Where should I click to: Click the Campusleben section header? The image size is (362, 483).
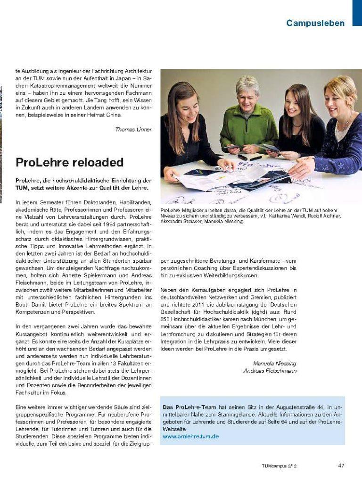point(315,23)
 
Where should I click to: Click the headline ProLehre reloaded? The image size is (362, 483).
point(69,163)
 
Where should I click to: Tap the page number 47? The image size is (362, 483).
point(341,466)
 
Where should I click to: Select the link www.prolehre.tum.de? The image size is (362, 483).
point(190,437)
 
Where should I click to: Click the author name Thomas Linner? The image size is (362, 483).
point(133,129)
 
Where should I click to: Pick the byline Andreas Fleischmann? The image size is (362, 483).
point(270,371)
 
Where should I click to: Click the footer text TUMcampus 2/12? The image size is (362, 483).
point(279,466)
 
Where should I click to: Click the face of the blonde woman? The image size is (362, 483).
point(338,100)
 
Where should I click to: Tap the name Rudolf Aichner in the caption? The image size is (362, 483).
point(325,216)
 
